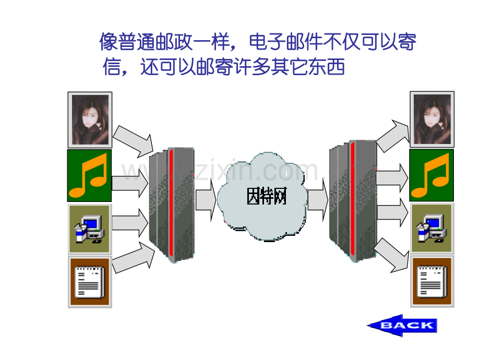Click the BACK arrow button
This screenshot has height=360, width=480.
tap(402, 326)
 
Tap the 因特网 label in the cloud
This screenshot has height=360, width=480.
tap(267, 196)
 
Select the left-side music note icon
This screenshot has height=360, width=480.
tap(89, 175)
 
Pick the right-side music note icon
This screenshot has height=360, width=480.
tap(431, 175)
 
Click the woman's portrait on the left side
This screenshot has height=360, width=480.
tap(90, 119)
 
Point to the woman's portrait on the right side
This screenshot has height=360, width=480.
tap(432, 119)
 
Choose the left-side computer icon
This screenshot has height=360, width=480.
tap(89, 229)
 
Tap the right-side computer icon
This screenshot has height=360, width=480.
tap(431, 228)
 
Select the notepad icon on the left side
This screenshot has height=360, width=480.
tap(90, 282)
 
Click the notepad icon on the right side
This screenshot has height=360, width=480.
tap(432, 282)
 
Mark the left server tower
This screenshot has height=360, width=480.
tap(172, 205)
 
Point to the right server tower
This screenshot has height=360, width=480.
tap(353, 201)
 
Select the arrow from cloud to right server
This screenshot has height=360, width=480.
tap(318, 200)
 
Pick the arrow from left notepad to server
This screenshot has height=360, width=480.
tap(134, 257)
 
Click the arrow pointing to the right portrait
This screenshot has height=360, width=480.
tap(393, 136)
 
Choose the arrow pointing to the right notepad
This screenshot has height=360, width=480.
tap(391, 255)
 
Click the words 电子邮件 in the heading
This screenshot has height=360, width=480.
tap(286, 42)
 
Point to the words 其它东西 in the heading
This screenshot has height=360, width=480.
tap(308, 67)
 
